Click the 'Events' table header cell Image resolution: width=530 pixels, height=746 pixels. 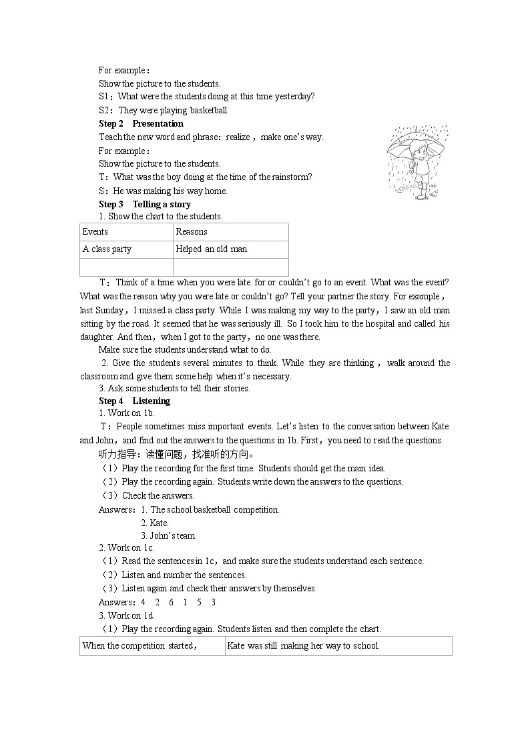click(126, 232)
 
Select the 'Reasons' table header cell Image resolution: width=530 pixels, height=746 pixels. click(230, 232)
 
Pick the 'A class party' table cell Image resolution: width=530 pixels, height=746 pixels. click(126, 249)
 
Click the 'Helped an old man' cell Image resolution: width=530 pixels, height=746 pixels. click(230, 249)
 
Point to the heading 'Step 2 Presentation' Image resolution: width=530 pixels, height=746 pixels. click(141, 124)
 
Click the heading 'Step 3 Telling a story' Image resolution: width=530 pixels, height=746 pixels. click(145, 205)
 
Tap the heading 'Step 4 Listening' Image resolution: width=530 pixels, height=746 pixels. click(134, 401)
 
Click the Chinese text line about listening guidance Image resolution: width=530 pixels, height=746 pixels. click(177, 455)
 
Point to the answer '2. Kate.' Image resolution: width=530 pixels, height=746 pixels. click(155, 523)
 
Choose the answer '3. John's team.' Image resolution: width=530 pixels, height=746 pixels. click(169, 536)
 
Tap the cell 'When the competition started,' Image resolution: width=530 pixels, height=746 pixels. click(152, 646)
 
